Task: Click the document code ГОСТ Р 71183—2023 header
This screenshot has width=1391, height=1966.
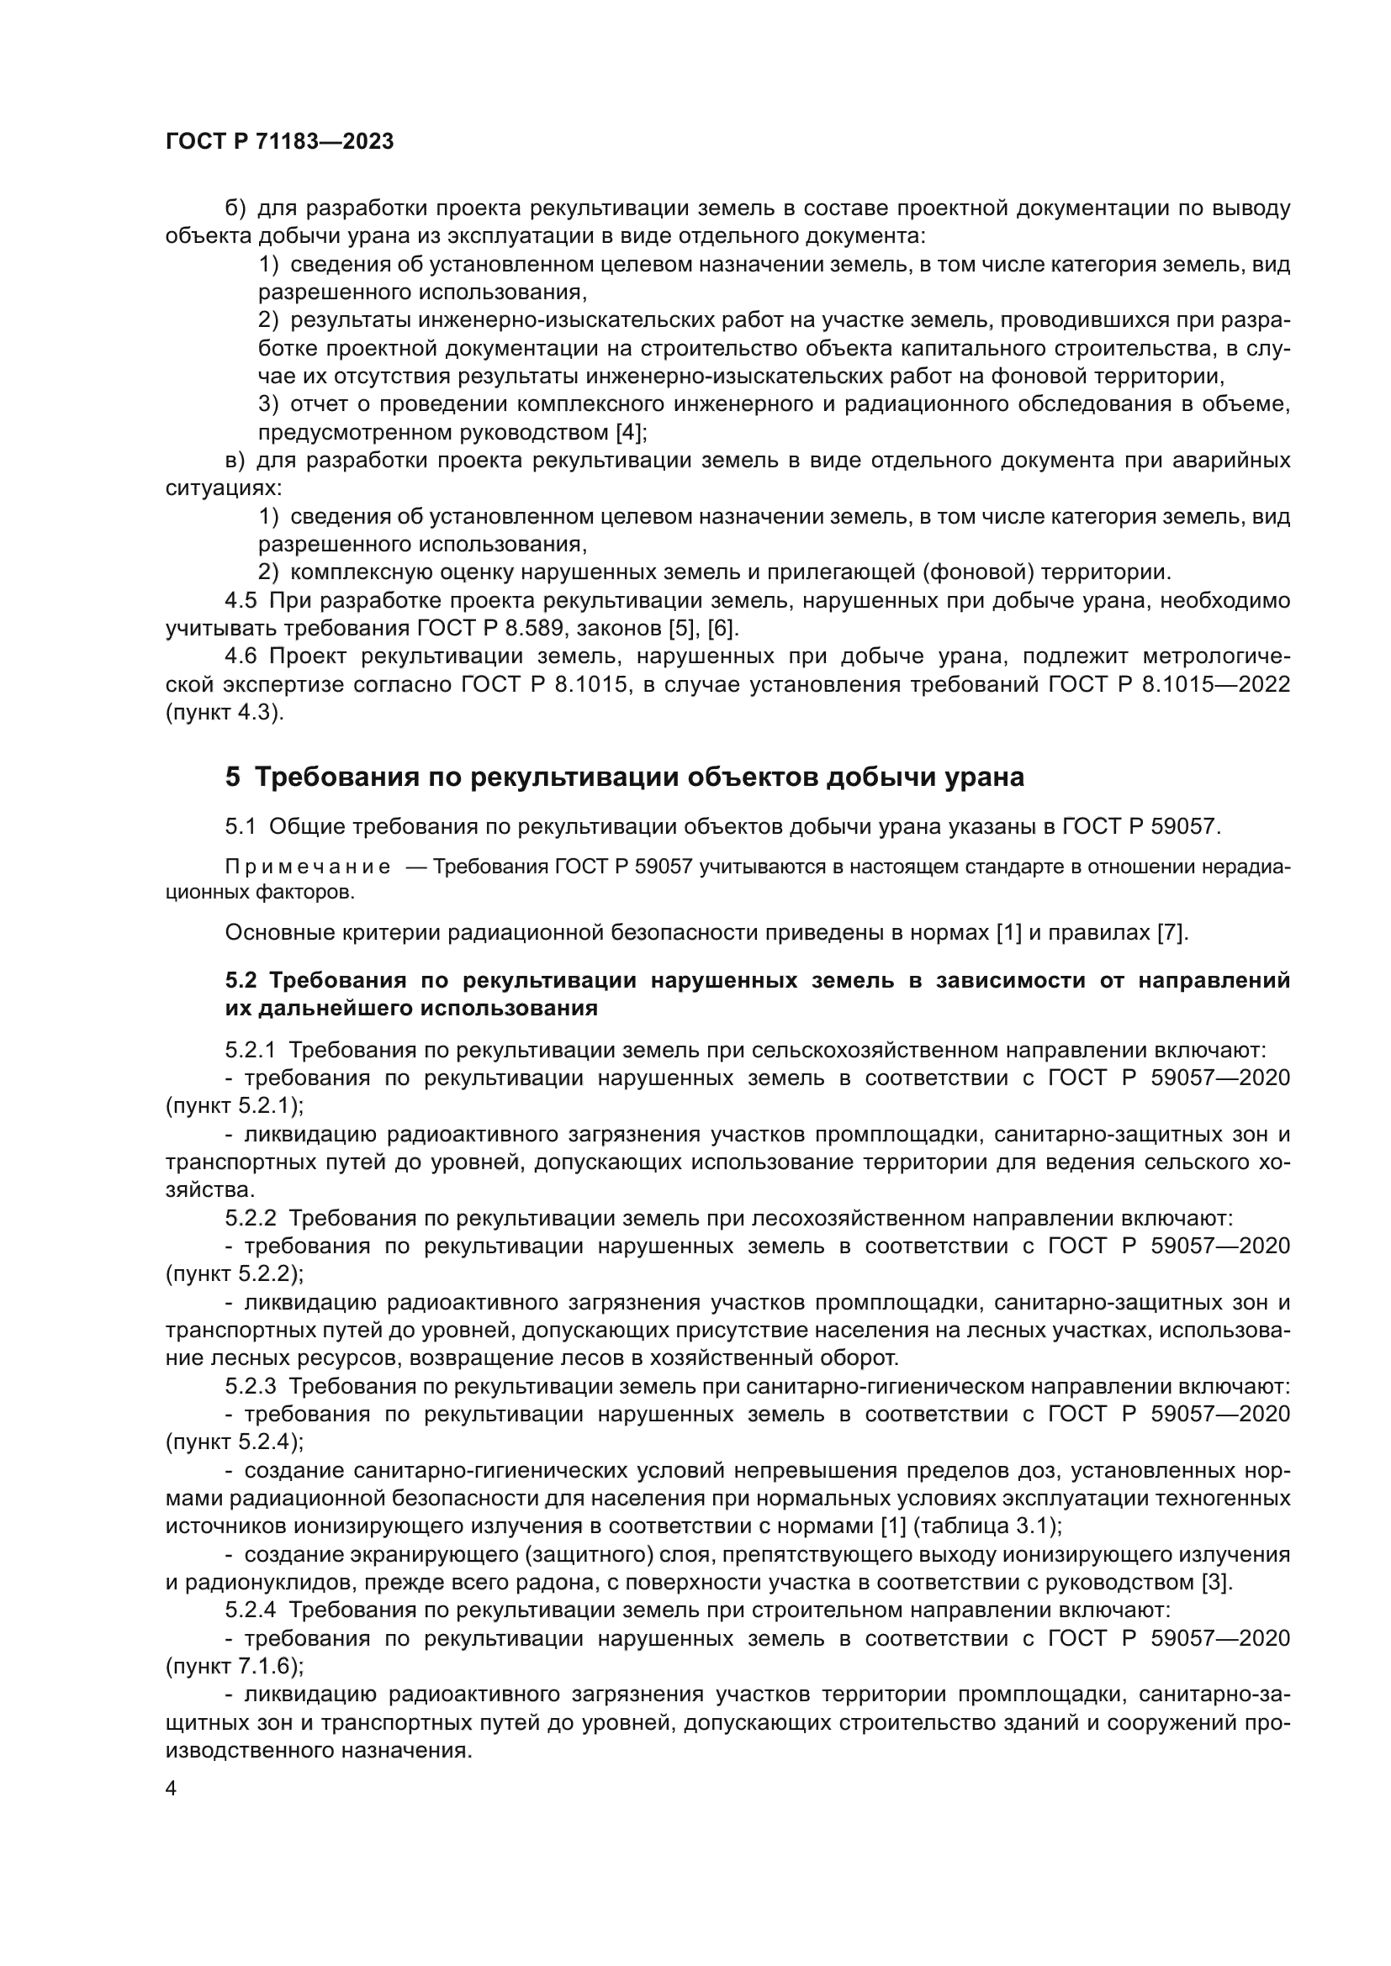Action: (x=279, y=142)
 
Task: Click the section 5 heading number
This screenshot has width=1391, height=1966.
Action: (x=233, y=777)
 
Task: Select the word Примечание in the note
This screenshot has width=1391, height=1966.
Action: (x=308, y=867)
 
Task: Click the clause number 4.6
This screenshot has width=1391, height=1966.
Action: (x=241, y=656)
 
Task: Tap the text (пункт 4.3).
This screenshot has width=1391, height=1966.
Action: (x=225, y=713)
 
